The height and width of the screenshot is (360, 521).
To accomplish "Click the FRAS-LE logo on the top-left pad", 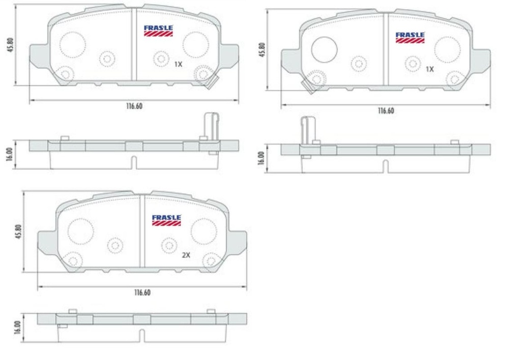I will pyautogui.click(x=158, y=30).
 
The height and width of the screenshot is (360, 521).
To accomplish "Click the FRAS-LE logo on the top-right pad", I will pyautogui.click(x=410, y=37).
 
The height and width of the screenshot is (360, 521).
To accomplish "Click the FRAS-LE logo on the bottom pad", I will pyautogui.click(x=166, y=220).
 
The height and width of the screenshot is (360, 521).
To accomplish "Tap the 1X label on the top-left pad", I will pyautogui.click(x=178, y=65).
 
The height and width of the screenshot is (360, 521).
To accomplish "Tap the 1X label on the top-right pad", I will pyautogui.click(x=429, y=69).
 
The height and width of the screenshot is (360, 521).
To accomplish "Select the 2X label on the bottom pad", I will pyautogui.click(x=186, y=255).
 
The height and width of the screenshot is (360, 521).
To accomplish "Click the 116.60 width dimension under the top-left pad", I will pyautogui.click(x=134, y=106).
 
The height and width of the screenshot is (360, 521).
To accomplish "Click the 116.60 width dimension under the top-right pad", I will pyautogui.click(x=386, y=111).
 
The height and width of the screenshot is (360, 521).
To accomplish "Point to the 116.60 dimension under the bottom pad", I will pyautogui.click(x=142, y=293).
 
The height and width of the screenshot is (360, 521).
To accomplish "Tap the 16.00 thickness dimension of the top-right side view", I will pyautogui.click(x=262, y=158).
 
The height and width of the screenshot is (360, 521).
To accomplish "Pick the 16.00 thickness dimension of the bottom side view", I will pyautogui.click(x=18, y=326).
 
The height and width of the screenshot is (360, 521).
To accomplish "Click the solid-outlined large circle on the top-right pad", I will pyautogui.click(x=324, y=49).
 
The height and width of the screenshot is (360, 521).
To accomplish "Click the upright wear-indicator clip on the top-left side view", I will pyautogui.click(x=211, y=126).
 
